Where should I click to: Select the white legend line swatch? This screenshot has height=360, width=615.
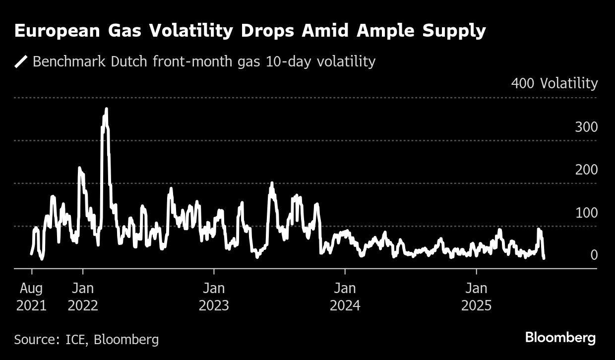[21, 62]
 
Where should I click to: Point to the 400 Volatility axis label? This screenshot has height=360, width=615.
[554, 84]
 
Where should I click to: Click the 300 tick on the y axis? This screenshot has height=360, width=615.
[586, 127]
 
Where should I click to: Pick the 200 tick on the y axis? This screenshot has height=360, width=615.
[586, 170]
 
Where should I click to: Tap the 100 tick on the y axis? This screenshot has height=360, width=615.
[586, 213]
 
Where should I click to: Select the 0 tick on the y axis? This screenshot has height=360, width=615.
[594, 255]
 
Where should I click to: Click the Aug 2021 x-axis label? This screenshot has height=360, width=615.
[31, 297]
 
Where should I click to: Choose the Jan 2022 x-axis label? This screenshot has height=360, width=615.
[83, 297]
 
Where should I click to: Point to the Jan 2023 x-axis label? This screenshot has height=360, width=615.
[214, 297]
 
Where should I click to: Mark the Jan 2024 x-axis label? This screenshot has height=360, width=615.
[345, 297]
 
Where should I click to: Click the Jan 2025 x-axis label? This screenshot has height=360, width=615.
[476, 297]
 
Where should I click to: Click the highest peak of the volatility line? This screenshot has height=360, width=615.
[106, 109]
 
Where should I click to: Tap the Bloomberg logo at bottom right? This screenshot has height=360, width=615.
[560, 338]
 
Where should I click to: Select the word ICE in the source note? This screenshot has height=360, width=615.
[76, 340]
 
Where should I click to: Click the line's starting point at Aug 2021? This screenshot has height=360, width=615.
[32, 254]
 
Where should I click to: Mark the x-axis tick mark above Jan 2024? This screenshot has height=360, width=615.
[345, 271]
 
